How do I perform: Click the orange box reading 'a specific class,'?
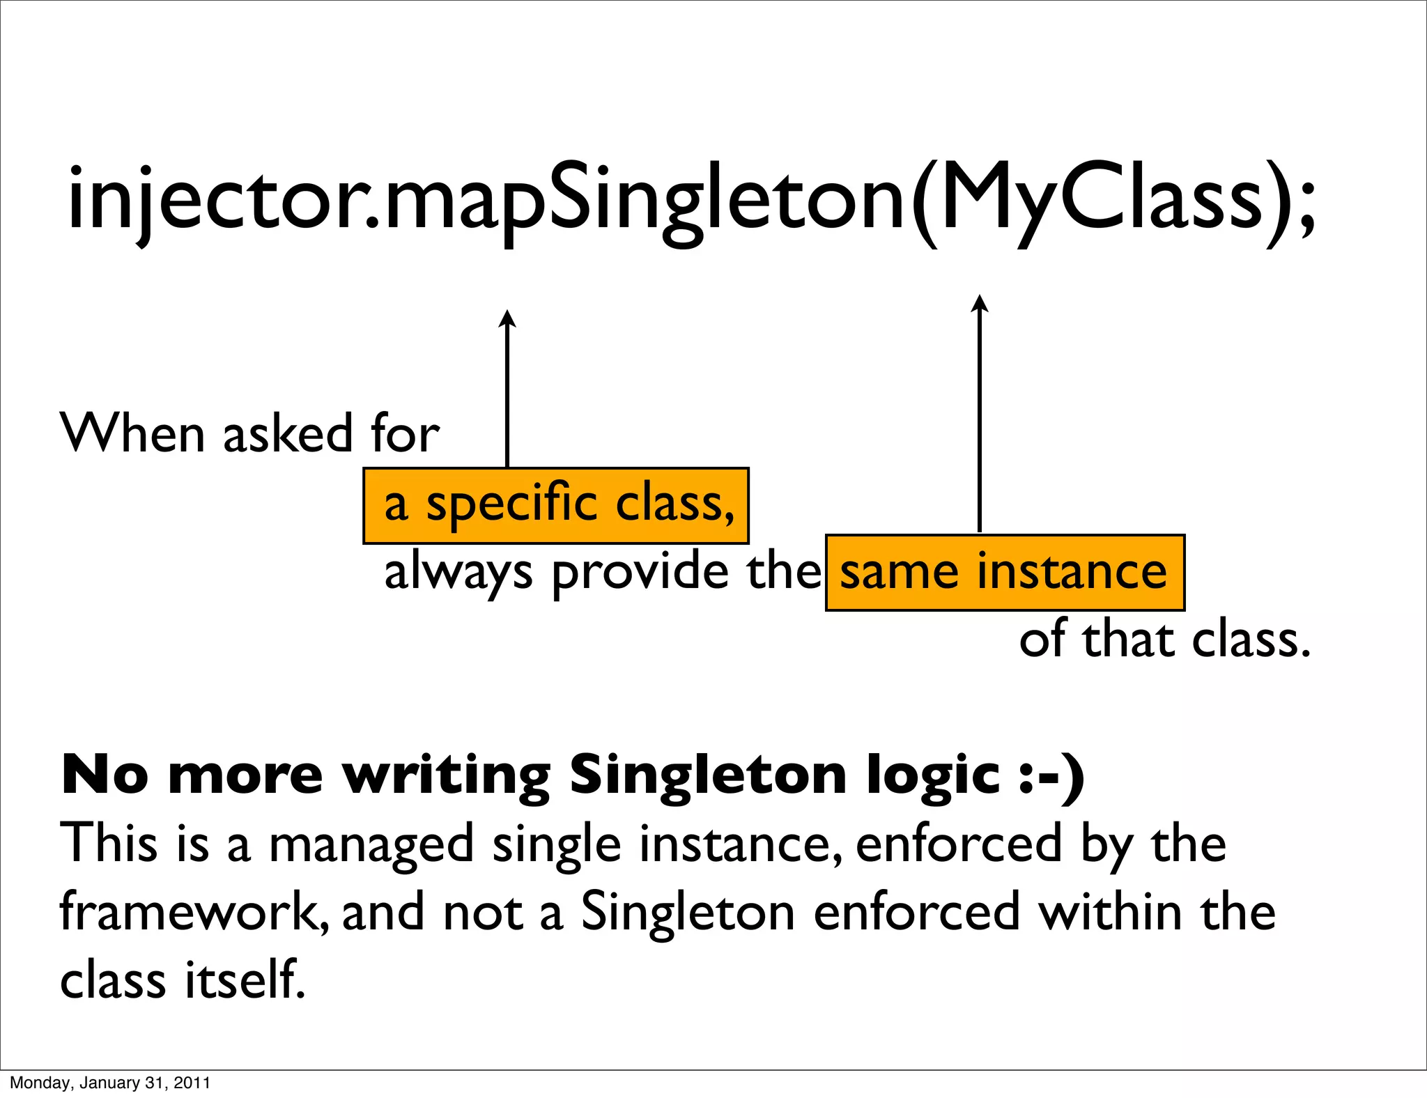(555, 505)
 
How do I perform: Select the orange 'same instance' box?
(1004, 572)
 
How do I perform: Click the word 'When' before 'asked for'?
(132, 433)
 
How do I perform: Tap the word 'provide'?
(640, 572)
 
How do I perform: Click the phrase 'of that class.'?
(1164, 640)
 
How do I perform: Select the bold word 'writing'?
(447, 776)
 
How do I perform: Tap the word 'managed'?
(371, 845)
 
